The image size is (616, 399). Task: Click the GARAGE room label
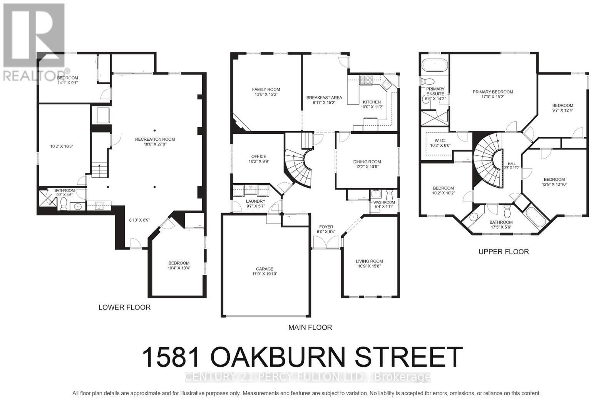pos(264,269)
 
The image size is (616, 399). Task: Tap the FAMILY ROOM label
pos(266,89)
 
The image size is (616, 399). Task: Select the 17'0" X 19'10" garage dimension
pos(264,274)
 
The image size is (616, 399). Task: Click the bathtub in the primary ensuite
pos(435,64)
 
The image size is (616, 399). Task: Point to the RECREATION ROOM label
pos(155,139)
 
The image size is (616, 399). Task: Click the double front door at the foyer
pos(326,242)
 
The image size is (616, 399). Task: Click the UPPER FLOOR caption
pos(503,252)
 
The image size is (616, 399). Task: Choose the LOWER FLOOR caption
pos(124,307)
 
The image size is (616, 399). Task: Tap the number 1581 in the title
pos(172,357)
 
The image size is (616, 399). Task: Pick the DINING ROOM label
pos(367,162)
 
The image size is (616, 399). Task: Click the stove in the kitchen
pos(366,80)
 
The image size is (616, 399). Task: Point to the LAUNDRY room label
pos(256,201)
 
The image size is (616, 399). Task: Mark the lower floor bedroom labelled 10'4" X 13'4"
pos(179,266)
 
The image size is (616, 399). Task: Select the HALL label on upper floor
pos(511,164)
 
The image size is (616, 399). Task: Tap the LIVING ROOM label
pos(369,261)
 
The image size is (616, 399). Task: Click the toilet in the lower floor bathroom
pos(64,204)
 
